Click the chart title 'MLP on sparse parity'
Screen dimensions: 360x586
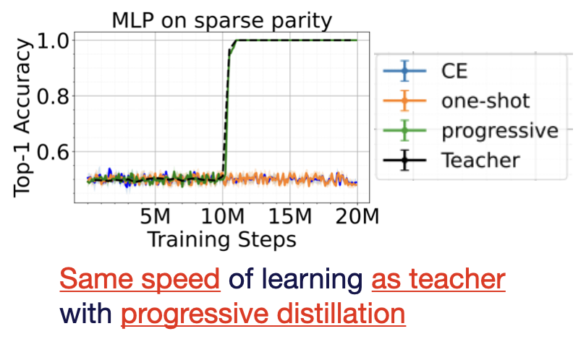pos(221,20)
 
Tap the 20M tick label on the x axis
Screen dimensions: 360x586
pos(357,216)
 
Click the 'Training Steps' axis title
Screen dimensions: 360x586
pos(221,239)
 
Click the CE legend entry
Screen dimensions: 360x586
pos(455,71)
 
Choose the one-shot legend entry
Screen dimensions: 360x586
pos(485,100)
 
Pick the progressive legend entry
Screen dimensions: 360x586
pos(500,130)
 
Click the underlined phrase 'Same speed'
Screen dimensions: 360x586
pos(139,278)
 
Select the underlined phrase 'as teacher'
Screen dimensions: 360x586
pos(438,278)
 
